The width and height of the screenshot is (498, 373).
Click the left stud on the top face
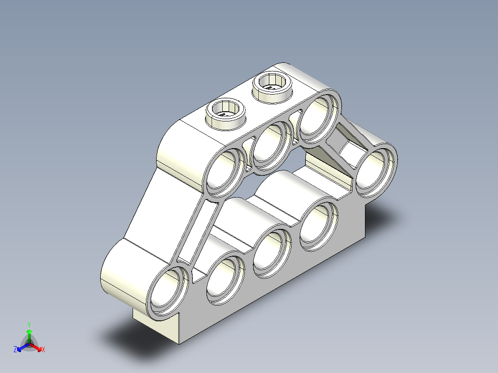coord(225,112)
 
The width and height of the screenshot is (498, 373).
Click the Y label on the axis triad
coord(29,325)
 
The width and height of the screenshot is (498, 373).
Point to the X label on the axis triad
coord(43,350)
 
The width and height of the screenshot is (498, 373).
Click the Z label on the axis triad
coord(15,350)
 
